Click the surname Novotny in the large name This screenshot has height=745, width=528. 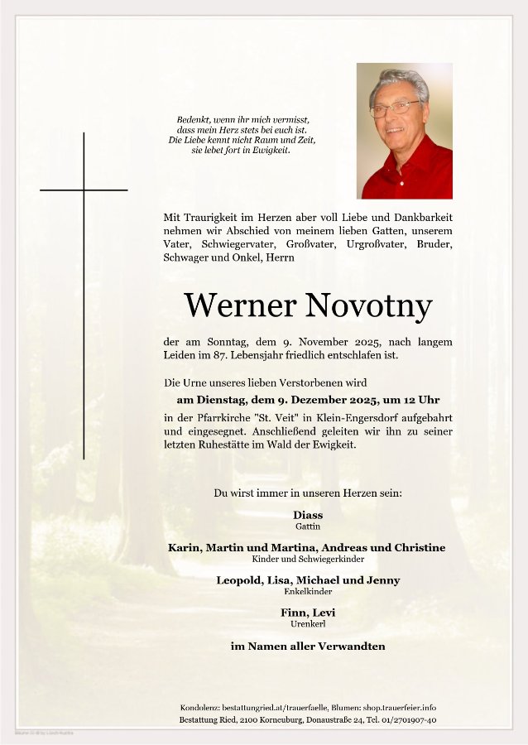coord(368,306)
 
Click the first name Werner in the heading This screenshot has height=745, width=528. coord(240,306)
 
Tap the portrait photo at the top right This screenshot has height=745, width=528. coord(404,131)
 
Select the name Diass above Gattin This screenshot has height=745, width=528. coord(308,515)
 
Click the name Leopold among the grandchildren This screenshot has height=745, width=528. coord(239,580)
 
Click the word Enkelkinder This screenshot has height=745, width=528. coord(308,592)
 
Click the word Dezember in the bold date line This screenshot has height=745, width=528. coord(288,400)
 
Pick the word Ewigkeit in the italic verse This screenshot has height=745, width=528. coord(271,151)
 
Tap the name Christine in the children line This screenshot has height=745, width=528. coord(419,548)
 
